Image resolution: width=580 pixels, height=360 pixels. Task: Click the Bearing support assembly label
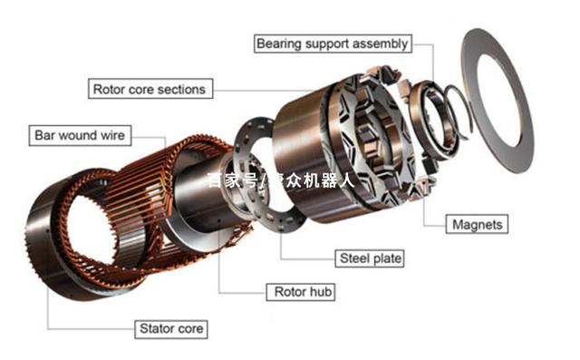click(333, 44)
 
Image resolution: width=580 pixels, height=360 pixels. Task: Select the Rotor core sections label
click(150, 89)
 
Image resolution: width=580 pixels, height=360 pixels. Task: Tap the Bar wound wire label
click(80, 135)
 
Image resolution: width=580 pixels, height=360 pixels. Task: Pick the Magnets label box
click(477, 224)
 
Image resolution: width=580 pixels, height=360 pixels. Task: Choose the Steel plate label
click(370, 258)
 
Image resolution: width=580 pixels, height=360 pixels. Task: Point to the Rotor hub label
click(301, 292)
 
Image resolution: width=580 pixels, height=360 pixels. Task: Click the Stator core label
click(171, 329)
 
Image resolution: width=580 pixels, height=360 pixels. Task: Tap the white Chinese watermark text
click(280, 180)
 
